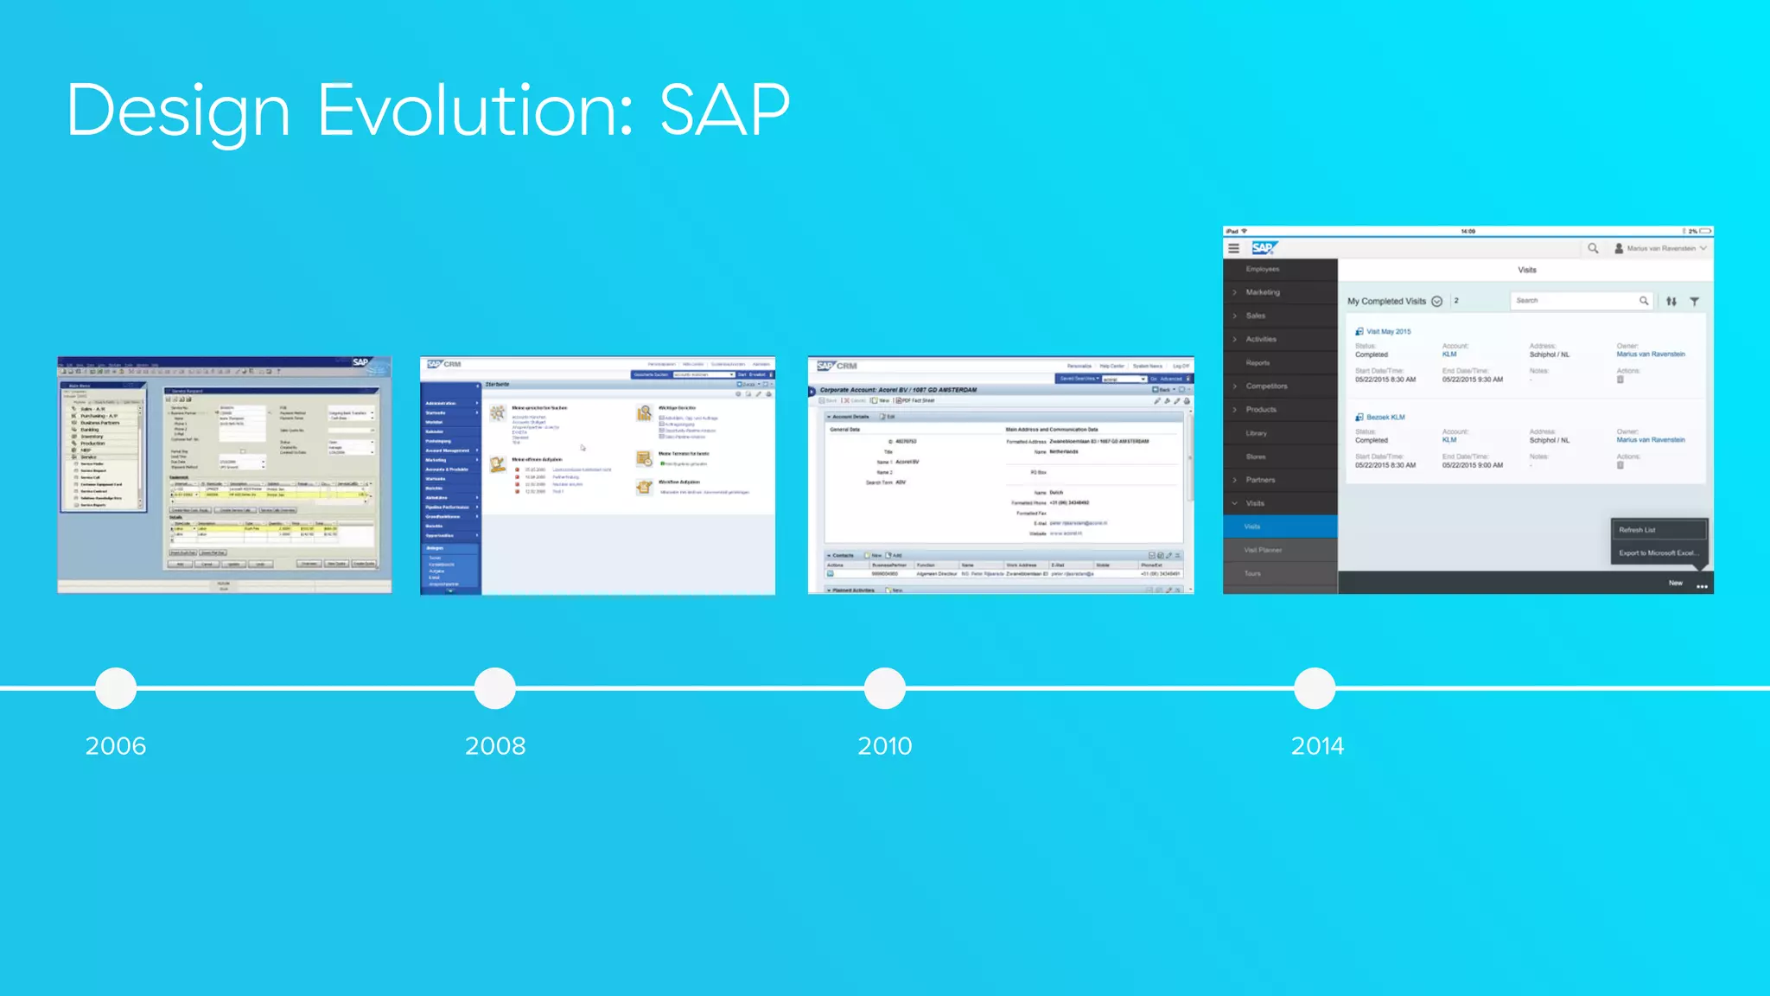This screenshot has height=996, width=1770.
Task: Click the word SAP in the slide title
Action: coord(724,111)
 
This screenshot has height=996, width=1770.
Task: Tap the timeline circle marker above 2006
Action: coord(116,688)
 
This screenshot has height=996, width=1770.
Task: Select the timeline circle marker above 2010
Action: coord(884,688)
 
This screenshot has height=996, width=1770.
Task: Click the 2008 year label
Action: coord(495,745)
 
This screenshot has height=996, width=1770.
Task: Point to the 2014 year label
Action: coord(1317,745)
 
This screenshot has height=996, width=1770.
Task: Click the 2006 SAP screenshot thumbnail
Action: coord(225,475)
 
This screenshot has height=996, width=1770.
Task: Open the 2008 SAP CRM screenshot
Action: coord(597,475)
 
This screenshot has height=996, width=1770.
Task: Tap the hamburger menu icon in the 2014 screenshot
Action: coord(1233,248)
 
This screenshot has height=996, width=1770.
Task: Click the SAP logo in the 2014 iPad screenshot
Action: coord(1263,248)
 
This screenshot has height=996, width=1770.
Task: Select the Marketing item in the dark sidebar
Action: coord(1263,292)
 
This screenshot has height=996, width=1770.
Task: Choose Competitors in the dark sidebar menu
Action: coord(1266,386)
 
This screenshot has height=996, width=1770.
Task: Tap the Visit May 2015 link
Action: coord(1388,331)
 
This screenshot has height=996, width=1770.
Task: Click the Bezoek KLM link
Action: coord(1385,417)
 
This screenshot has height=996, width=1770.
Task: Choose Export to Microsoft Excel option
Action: coord(1658,552)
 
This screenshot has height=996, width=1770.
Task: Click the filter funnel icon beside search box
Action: coord(1694,301)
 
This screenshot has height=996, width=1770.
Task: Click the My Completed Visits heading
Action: coord(1386,301)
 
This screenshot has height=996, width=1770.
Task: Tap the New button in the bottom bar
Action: coord(1675,583)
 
